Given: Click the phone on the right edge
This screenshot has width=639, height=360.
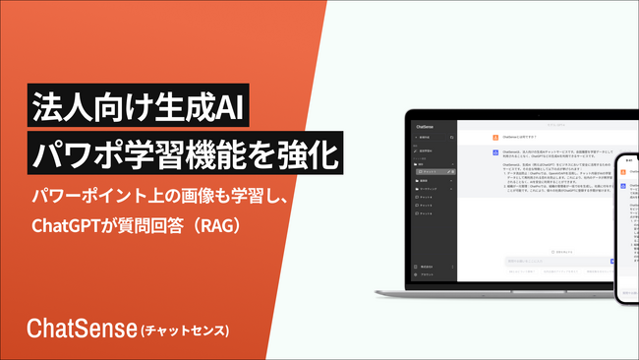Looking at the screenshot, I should (626, 226).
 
